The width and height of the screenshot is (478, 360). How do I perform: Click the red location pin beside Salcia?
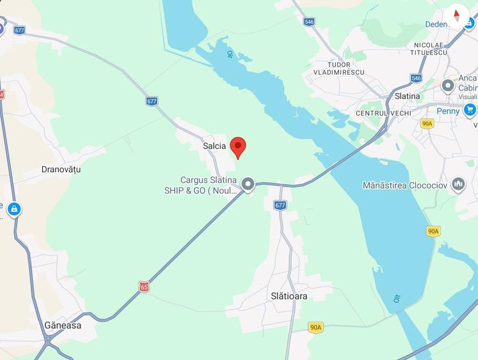point(238,146)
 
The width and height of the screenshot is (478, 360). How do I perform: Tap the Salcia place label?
point(214,146)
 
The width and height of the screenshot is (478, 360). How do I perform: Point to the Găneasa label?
point(63,325)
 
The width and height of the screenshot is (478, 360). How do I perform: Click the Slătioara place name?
point(289,296)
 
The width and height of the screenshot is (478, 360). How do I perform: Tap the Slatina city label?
point(407,96)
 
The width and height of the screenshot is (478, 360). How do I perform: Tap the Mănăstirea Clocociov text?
point(404,185)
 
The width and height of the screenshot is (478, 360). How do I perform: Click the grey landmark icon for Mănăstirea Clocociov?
point(458,185)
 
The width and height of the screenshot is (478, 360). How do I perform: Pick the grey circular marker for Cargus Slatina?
point(248,185)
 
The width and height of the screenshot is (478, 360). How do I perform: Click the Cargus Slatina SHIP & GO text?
point(200,185)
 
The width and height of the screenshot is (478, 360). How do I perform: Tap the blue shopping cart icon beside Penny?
point(470,110)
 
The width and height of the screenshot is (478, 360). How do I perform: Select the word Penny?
point(448,111)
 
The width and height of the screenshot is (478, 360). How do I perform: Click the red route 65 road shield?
point(144,287)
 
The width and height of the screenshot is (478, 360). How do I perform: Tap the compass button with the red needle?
point(457,15)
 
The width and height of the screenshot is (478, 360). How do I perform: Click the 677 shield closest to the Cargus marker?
point(280,205)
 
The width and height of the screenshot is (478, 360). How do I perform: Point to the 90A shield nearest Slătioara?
point(315,327)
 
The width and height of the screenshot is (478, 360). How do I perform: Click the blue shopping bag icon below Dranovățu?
point(13,208)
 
